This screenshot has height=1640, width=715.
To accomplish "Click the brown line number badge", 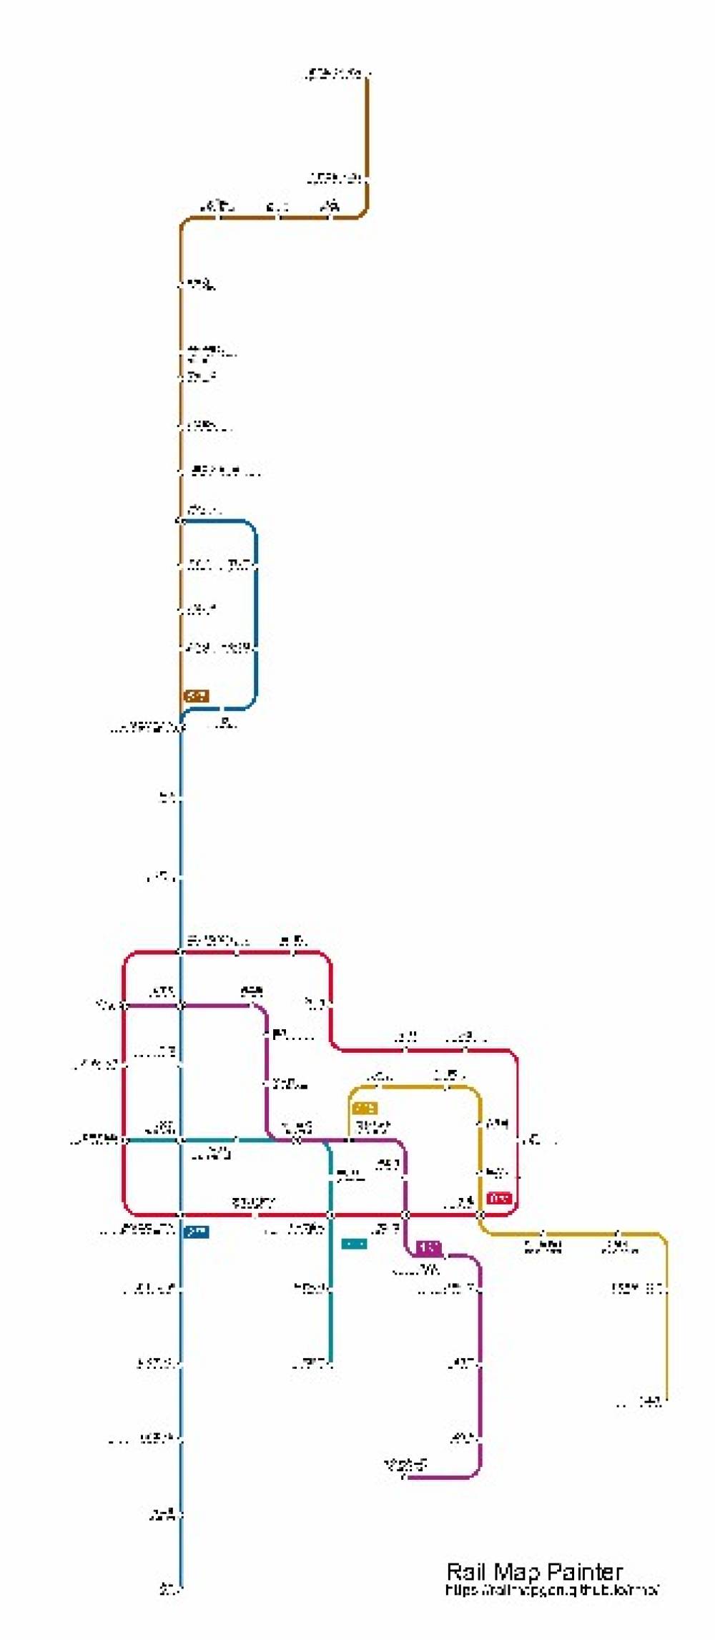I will tap(197, 695).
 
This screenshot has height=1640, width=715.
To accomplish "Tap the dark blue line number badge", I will tap(197, 1231).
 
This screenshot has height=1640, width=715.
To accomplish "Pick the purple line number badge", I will tap(428, 1247).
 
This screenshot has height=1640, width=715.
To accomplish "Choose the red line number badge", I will tap(499, 1197).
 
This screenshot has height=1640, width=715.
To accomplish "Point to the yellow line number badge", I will tap(365, 1108).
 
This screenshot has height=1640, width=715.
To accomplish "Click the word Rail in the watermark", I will tap(465, 1571).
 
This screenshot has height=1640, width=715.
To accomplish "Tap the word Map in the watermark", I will tap(518, 1571).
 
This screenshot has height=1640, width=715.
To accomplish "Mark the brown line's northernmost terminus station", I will tap(368, 74).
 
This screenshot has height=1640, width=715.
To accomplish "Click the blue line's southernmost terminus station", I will tap(181, 1589).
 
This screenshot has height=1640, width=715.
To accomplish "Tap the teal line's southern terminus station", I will tap(330, 1363).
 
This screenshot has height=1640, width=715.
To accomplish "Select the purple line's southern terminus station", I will tap(405, 1476).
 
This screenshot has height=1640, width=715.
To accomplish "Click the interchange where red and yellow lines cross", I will tap(480, 1214).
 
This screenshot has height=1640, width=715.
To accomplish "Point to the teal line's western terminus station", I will tap(124, 1139).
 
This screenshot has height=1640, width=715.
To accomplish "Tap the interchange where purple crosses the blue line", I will tap(181, 1006).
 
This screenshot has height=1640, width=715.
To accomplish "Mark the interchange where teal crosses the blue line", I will tap(181, 1139).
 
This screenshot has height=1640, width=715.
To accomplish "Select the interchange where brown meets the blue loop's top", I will tap(181, 521).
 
